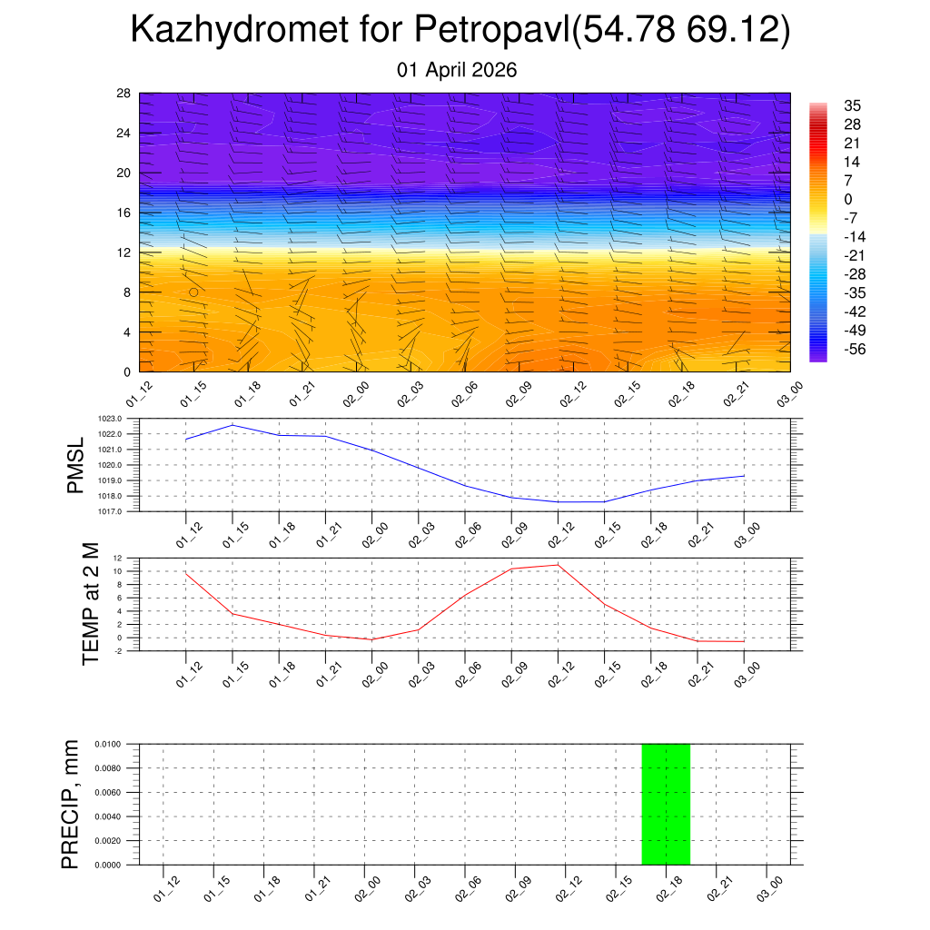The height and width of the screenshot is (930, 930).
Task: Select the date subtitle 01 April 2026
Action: [x=457, y=70]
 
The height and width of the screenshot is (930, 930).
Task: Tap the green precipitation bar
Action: [x=666, y=804]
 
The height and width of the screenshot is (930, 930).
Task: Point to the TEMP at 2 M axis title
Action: [x=91, y=603]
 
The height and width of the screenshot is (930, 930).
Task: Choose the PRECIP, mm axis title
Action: [x=71, y=804]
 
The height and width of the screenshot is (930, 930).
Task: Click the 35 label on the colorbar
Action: [x=852, y=105]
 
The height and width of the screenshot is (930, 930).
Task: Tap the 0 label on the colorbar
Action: [x=848, y=199]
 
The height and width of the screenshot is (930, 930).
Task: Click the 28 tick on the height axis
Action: [x=124, y=93]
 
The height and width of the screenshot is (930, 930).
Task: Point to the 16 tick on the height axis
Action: [x=124, y=213]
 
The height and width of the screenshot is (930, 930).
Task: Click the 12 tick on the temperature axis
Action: [x=118, y=558]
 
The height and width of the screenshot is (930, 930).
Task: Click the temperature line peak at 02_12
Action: [x=558, y=565]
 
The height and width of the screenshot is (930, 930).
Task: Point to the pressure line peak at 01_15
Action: [x=232, y=425]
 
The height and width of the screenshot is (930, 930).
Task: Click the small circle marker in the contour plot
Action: [x=193, y=292]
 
